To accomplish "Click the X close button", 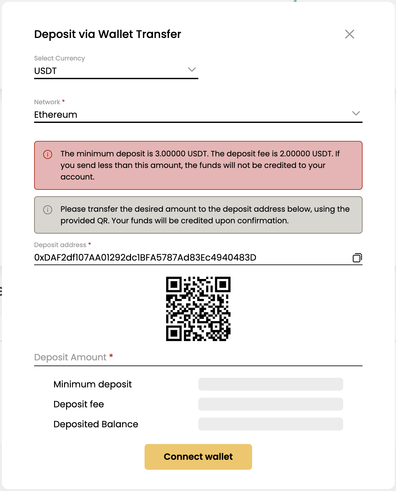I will (349, 34).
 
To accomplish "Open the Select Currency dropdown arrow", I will (192, 69).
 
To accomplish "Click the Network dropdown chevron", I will (356, 113).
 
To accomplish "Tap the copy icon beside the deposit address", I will (357, 258).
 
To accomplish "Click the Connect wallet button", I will (198, 457).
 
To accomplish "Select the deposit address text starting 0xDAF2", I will (145, 258).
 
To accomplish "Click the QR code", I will (198, 309).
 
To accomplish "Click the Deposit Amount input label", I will (70, 357).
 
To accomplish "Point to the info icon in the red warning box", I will (48, 154).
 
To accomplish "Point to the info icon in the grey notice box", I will (48, 210).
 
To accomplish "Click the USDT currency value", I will (45, 71).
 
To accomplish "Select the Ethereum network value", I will (56, 115).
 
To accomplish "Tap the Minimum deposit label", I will (93, 384).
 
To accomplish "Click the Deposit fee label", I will (79, 404).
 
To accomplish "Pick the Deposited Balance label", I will (96, 424).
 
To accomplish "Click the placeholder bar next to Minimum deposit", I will (270, 384).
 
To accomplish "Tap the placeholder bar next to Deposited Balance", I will (270, 424).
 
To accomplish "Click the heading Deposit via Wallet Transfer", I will (108, 34).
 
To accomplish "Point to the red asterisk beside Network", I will (63, 101).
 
